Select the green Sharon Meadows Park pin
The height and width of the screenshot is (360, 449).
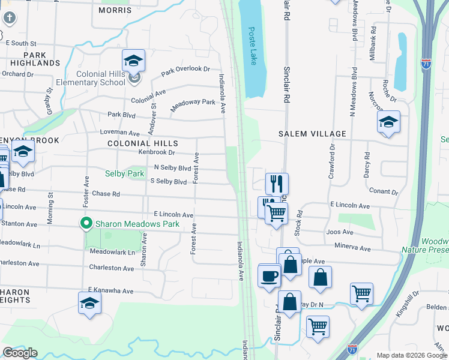(x=86, y=224)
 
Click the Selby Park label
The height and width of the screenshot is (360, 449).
(x=125, y=173)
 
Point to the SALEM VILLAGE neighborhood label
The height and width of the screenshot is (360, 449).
(x=313, y=134)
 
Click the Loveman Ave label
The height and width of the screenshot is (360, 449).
(x=123, y=133)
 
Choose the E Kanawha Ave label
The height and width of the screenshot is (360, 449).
(x=110, y=290)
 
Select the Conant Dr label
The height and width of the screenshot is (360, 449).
(x=385, y=192)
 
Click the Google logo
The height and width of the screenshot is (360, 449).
(x=20, y=353)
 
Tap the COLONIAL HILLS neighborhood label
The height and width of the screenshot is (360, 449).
(x=143, y=143)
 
